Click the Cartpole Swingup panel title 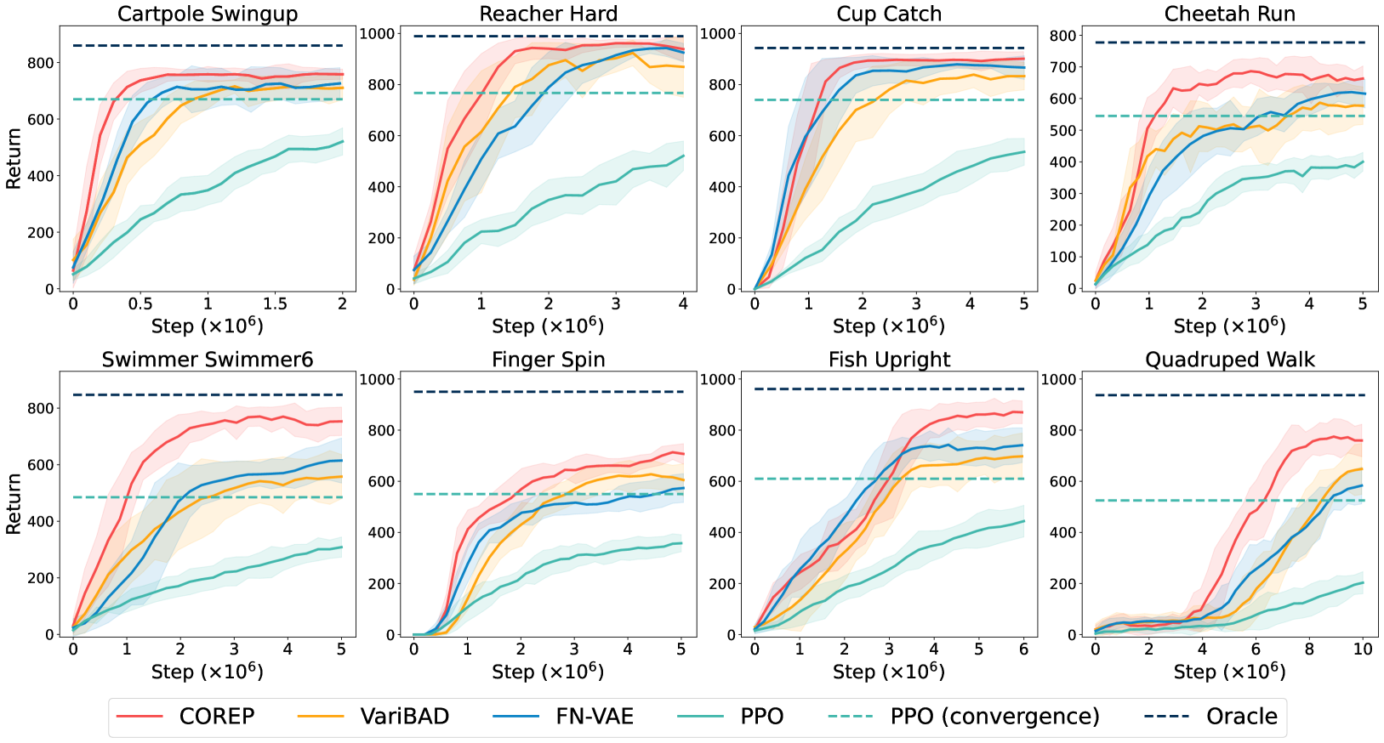click(208, 14)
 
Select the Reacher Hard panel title click(549, 14)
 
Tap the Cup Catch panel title click(889, 14)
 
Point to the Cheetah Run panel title click(1230, 14)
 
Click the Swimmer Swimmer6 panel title click(208, 360)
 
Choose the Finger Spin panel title click(549, 360)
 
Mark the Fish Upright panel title click(889, 360)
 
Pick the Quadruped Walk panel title click(1230, 360)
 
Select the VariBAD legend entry click(404, 717)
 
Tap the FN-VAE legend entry click(595, 717)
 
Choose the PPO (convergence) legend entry click(994, 717)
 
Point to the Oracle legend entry click(1241, 717)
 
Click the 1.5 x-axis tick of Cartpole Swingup click(275, 304)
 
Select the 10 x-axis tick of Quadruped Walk click(1363, 649)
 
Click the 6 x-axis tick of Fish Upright click(1023, 649)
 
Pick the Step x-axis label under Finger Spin click(549, 672)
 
